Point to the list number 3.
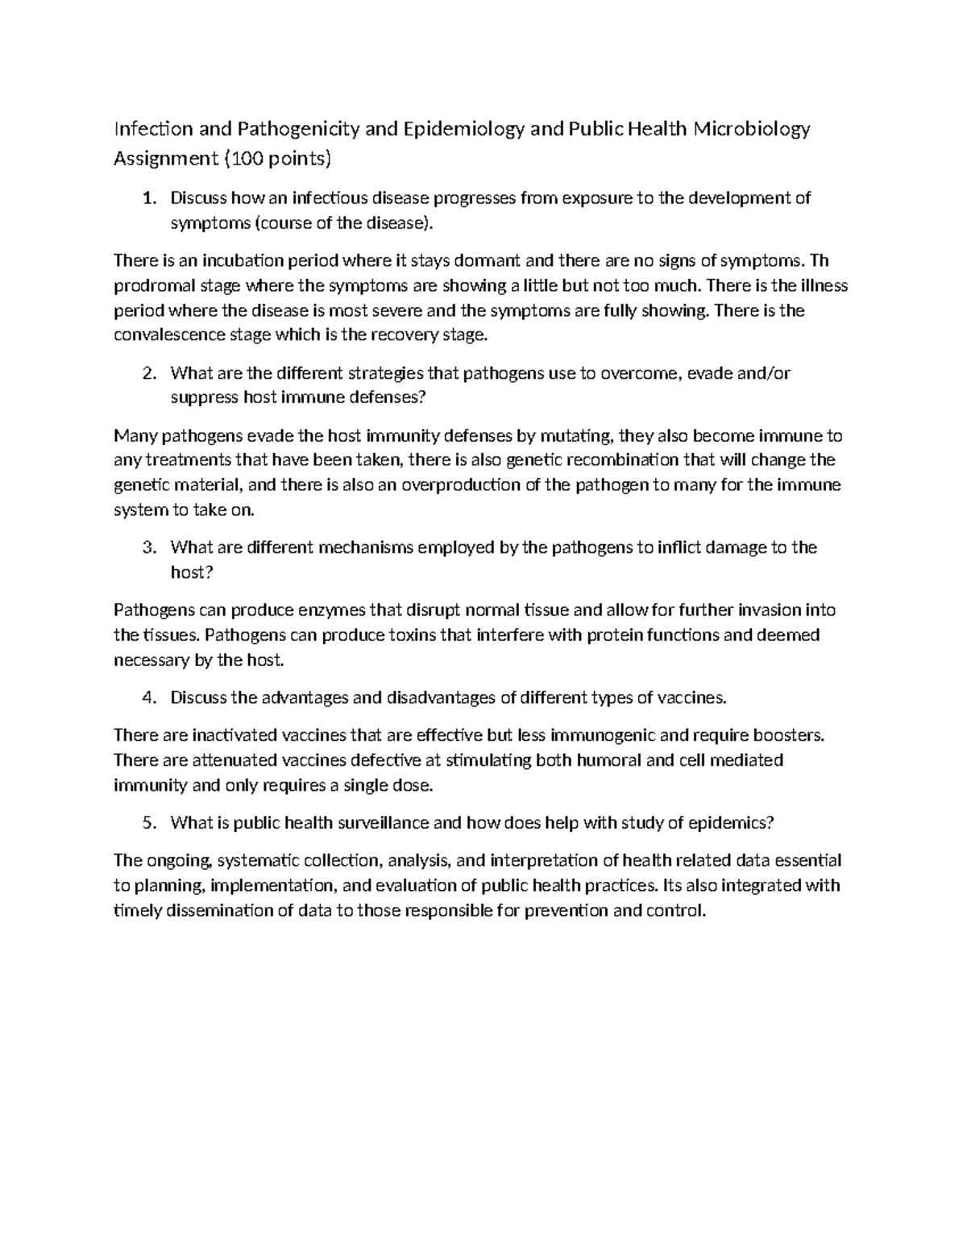[147, 547]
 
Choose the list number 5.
[147, 822]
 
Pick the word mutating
[577, 436]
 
